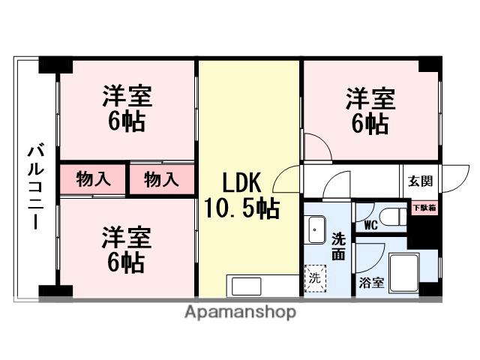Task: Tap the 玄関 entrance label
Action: pyautogui.click(x=420, y=181)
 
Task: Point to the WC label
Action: pyautogui.click(x=369, y=223)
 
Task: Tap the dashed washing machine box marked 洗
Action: pyautogui.click(x=314, y=277)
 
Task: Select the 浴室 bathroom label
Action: pyautogui.click(x=372, y=283)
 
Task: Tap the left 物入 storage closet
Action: pyautogui.click(x=94, y=180)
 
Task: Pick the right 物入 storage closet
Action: pyautogui.click(x=161, y=180)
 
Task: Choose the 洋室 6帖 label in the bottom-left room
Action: pyautogui.click(x=127, y=250)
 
